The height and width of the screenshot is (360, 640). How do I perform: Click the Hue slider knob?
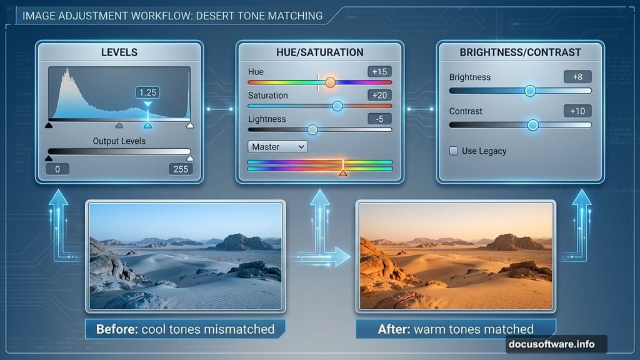click(x=330, y=82)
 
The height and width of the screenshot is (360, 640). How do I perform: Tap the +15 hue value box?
click(x=379, y=71)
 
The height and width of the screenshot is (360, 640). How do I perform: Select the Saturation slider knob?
click(x=337, y=106)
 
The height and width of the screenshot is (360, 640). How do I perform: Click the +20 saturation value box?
click(x=379, y=95)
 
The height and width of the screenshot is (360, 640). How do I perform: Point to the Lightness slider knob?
click(x=312, y=129)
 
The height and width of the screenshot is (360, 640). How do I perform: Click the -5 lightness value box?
click(x=379, y=119)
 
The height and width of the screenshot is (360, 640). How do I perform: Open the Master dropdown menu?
click(x=278, y=147)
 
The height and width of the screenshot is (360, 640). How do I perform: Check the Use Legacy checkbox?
click(x=454, y=151)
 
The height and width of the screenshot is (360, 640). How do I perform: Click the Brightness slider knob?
click(x=530, y=91)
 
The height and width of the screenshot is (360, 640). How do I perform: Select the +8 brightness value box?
click(x=577, y=77)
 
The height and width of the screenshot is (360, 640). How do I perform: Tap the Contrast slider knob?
click(x=532, y=125)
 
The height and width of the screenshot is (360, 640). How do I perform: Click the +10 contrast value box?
click(x=577, y=111)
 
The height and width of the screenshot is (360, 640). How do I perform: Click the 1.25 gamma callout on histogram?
click(x=147, y=92)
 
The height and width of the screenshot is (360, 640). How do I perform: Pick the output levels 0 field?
click(x=57, y=169)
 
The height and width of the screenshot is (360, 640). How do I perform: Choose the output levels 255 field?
click(x=179, y=169)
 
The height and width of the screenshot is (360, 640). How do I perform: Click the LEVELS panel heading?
click(x=119, y=52)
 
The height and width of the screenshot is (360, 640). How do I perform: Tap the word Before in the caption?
click(x=117, y=329)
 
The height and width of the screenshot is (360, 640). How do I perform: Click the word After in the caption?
click(x=392, y=329)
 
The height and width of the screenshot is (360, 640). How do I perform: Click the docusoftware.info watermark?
click(x=556, y=344)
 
